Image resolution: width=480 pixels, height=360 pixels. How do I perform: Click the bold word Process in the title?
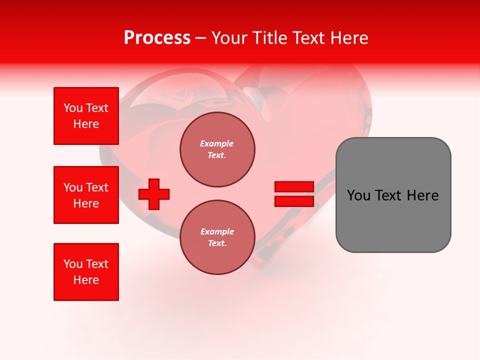click(x=157, y=38)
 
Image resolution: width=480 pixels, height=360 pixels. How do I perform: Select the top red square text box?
click(x=86, y=116)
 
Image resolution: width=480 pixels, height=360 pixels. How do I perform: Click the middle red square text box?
click(x=86, y=195)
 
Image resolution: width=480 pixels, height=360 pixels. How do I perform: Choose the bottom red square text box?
click(x=86, y=272)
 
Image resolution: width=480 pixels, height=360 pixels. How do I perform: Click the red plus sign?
click(x=154, y=194)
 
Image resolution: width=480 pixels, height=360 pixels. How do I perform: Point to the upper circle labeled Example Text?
click(x=217, y=149)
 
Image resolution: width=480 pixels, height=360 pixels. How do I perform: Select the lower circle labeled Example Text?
click(x=217, y=237)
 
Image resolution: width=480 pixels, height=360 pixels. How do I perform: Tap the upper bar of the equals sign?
click(x=294, y=186)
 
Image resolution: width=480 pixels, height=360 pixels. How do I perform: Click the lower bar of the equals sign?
click(x=294, y=201)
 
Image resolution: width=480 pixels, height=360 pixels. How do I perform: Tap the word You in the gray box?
click(x=358, y=195)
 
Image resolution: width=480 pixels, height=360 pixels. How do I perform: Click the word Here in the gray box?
click(x=423, y=195)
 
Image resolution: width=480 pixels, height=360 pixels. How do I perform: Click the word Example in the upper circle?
click(x=216, y=143)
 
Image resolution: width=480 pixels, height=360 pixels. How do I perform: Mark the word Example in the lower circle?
click(x=217, y=231)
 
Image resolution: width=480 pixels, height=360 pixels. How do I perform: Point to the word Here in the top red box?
click(x=86, y=124)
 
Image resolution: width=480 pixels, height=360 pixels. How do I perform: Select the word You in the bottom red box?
click(x=72, y=264)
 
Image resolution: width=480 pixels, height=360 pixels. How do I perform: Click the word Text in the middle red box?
click(x=97, y=187)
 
